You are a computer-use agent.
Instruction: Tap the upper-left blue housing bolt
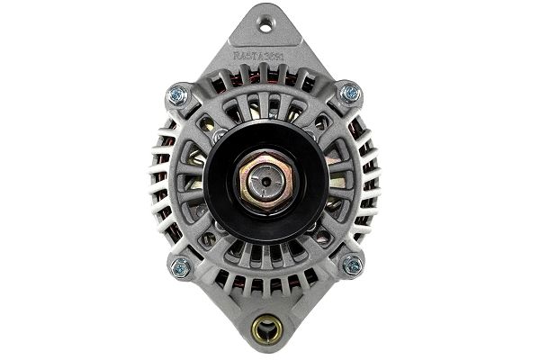pos(176,94)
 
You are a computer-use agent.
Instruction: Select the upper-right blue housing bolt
pos(350,92)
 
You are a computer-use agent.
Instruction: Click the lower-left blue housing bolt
pos(180,266)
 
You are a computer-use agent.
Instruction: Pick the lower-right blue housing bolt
pos(352,265)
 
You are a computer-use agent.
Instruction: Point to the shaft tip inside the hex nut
pos(265,180)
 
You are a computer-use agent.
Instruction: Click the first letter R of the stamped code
pos(237,56)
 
